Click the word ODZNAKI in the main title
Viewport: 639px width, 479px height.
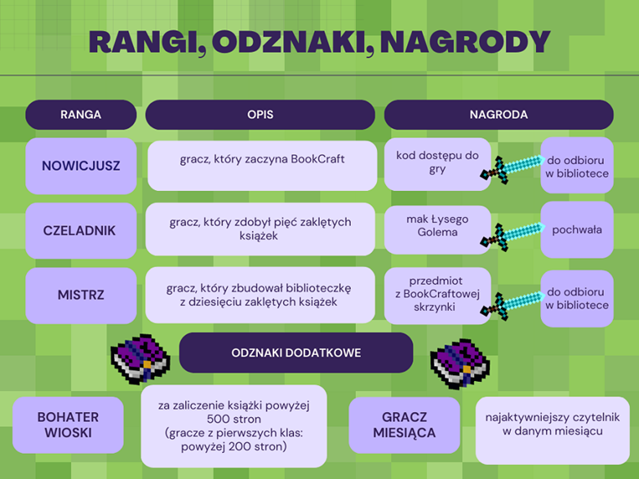click(293, 42)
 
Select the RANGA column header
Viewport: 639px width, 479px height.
click(81, 114)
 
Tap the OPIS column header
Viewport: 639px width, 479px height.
click(260, 114)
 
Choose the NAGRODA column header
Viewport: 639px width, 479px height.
click(499, 114)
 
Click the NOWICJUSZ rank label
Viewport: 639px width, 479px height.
click(81, 166)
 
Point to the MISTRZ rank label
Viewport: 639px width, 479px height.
click(81, 295)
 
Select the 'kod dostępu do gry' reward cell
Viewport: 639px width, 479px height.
click(437, 164)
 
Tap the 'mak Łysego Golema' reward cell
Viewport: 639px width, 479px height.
click(437, 229)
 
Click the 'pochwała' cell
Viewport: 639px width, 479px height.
click(577, 229)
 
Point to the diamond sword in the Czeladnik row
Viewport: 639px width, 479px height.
click(513, 236)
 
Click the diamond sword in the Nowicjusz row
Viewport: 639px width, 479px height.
click(513, 168)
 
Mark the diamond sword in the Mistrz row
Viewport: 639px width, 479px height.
click(513, 305)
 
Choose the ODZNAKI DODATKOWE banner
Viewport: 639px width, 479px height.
click(296, 353)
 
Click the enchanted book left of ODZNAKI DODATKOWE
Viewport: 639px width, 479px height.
click(140, 359)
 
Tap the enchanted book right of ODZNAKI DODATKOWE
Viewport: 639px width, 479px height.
click(460, 364)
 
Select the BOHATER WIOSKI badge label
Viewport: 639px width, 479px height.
click(68, 425)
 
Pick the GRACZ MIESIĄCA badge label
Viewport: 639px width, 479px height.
click(404, 425)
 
